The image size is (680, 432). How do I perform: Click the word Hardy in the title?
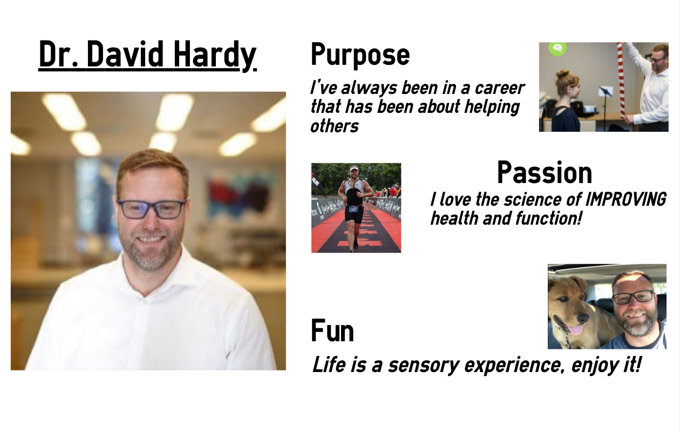pyautogui.click(x=215, y=55)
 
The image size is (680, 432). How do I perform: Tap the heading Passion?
pyautogui.click(x=545, y=172)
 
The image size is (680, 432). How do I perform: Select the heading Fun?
pyautogui.click(x=332, y=330)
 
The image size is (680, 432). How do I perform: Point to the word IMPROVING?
pyautogui.click(x=625, y=199)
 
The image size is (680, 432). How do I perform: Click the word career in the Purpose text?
pyautogui.click(x=499, y=88)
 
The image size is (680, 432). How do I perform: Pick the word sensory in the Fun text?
pyautogui.click(x=424, y=365)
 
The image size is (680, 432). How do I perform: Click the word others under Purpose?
pyautogui.click(x=335, y=126)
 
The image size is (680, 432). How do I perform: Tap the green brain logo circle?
pyautogui.click(x=557, y=49)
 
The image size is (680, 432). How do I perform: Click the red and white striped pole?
pyautogui.click(x=621, y=80)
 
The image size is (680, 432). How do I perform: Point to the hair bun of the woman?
pyautogui.click(x=562, y=74)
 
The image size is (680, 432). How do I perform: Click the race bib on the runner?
pyautogui.click(x=353, y=209)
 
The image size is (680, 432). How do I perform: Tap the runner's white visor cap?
pyautogui.click(x=354, y=168)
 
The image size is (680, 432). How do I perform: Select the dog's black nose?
pyautogui.click(x=583, y=318)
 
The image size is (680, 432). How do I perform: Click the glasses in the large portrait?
pyautogui.click(x=151, y=208)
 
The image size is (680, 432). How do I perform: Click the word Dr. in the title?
pyautogui.click(x=59, y=55)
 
